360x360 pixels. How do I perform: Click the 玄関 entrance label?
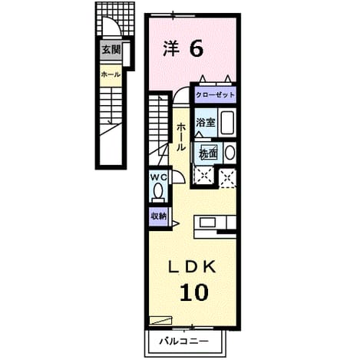[x=111, y=50]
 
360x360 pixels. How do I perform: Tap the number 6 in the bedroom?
[x=197, y=48]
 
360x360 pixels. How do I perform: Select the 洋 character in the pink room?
[x=171, y=48]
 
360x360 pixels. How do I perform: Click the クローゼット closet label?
[x=215, y=95]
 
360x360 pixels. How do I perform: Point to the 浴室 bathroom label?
[x=206, y=123]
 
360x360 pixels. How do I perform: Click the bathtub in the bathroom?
[x=227, y=122]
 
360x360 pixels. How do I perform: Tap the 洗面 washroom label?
[x=208, y=154]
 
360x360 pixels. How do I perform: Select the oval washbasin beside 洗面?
[x=230, y=153]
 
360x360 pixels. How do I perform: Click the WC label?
[x=159, y=177]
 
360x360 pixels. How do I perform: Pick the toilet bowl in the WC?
[x=158, y=190]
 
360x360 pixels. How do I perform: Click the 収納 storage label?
[x=158, y=216]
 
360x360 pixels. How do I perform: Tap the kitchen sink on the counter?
[x=207, y=223]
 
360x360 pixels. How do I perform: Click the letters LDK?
[x=192, y=267]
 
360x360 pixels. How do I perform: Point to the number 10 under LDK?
[x=194, y=292]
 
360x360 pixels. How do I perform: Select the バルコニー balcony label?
[x=184, y=341]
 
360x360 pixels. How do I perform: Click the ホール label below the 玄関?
[x=111, y=74]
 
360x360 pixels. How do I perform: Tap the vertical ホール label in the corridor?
[x=181, y=137]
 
